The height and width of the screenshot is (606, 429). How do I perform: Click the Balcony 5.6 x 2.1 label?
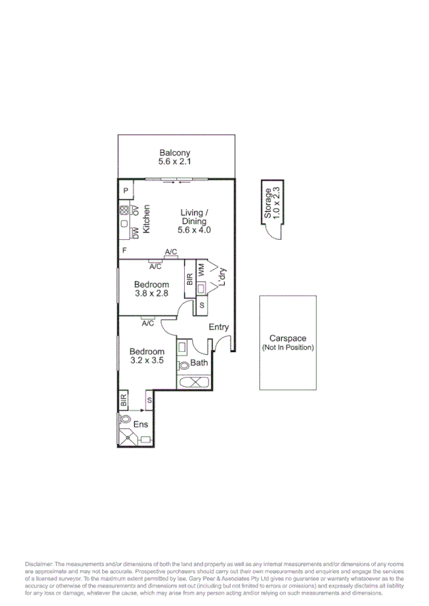175,157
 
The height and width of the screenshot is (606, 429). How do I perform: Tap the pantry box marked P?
125,191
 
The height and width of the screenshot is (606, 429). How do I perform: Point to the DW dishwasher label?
134,233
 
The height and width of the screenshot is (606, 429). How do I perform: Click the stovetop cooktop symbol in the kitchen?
124,211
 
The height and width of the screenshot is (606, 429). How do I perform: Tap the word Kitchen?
146,219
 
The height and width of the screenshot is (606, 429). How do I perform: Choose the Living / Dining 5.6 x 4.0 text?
194,221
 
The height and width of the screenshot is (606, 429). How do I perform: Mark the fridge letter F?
124,251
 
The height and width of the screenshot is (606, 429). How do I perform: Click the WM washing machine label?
201,271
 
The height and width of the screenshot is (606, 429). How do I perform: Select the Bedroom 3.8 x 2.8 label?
151,289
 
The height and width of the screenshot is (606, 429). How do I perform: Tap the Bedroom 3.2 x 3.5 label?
147,356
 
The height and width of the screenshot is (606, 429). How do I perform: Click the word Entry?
218,328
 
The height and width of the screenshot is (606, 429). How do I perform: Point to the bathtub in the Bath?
193,382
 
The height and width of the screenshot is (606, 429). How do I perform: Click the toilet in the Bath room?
183,364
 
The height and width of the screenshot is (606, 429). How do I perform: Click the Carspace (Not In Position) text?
287,343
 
